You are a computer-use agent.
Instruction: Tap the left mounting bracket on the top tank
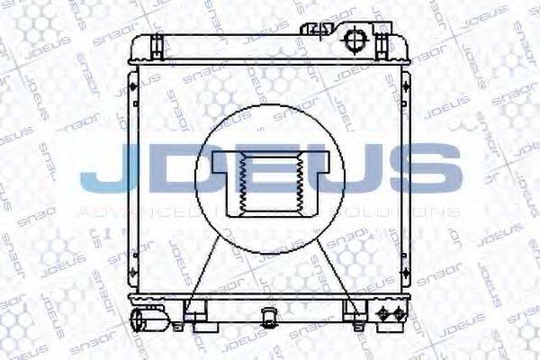coord(155,44)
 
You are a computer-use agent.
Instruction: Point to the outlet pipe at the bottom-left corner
coord(143,319)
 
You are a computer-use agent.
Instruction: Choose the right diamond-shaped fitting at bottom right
coord(396,314)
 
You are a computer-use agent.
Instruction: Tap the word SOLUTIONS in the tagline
coord(414,212)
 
